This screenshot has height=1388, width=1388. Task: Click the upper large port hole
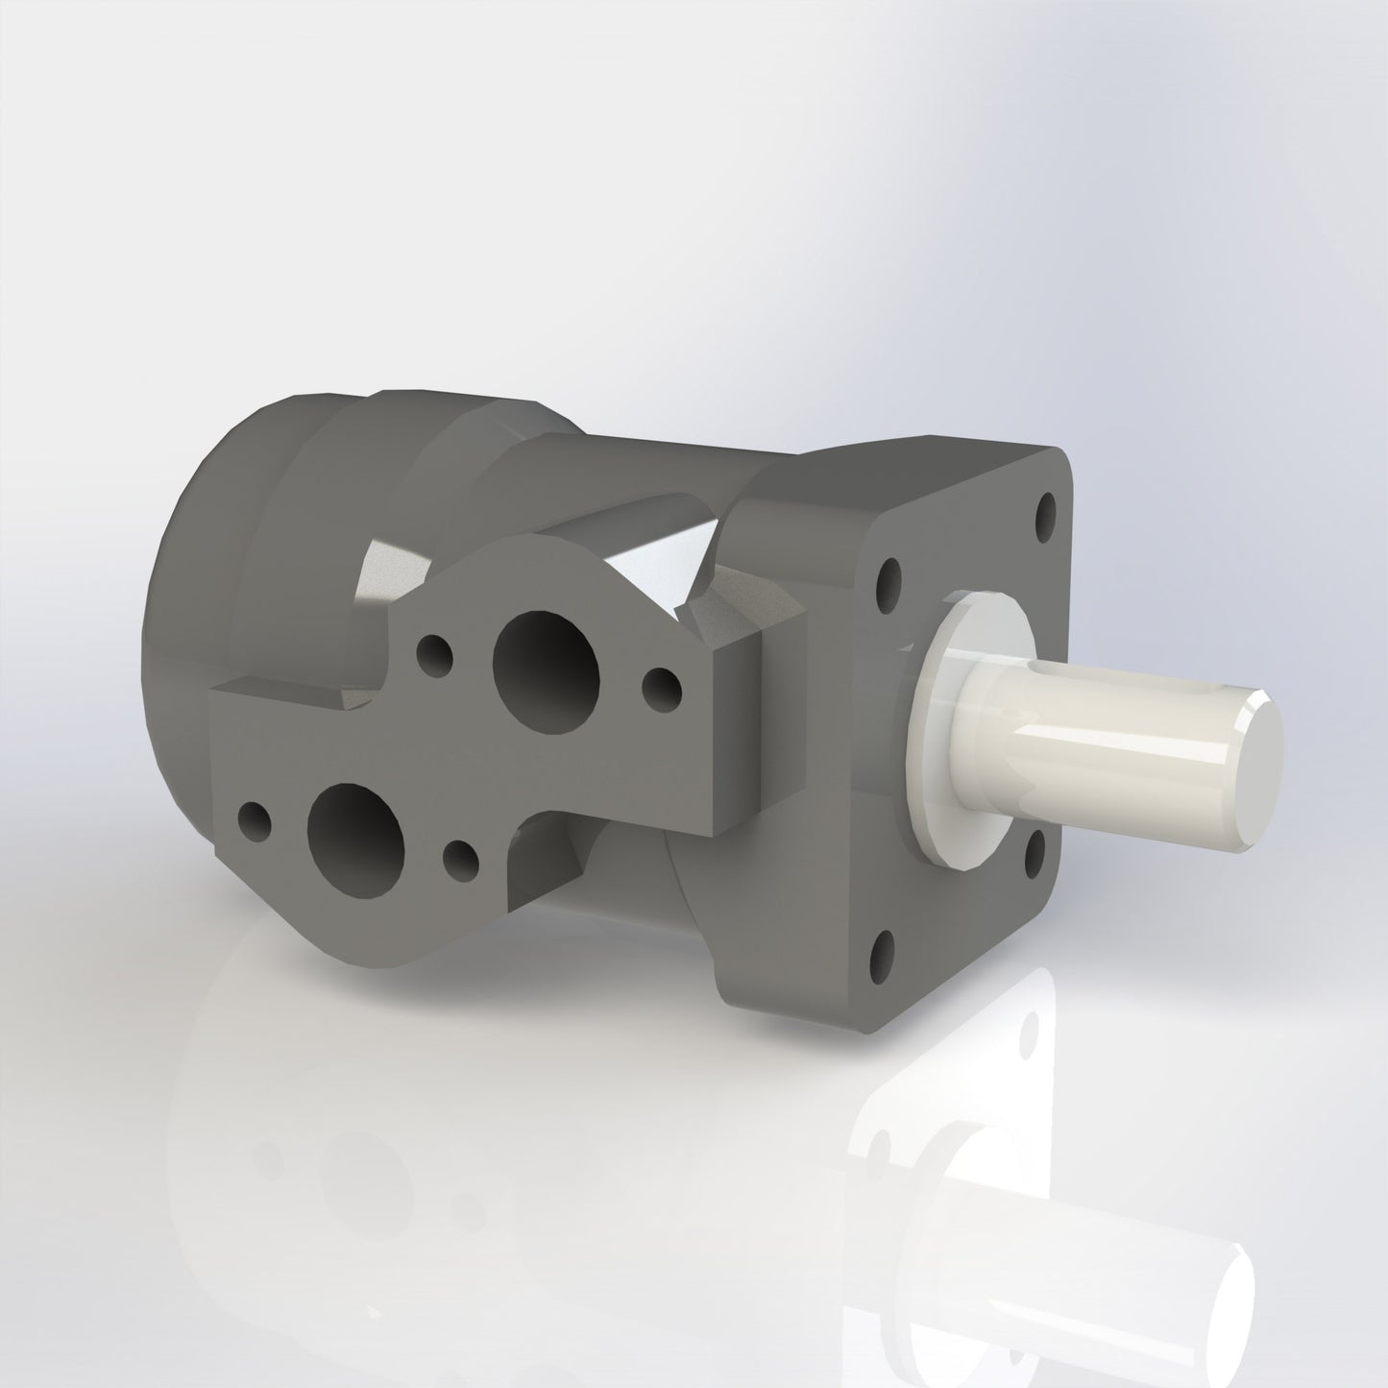546,659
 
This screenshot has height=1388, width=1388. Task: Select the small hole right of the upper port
661,685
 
